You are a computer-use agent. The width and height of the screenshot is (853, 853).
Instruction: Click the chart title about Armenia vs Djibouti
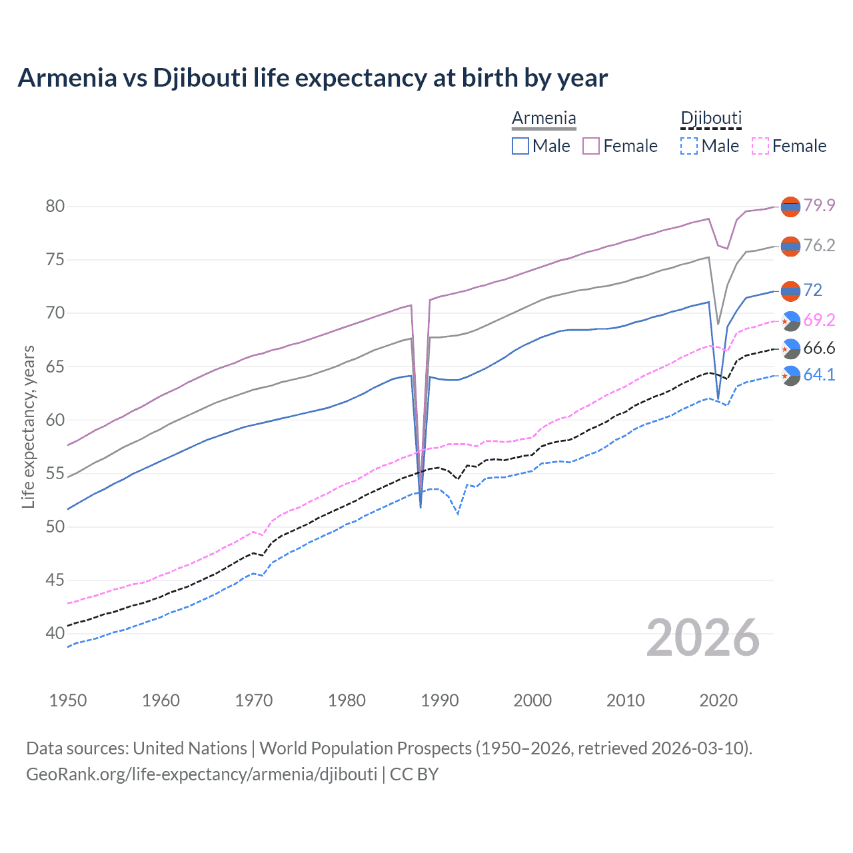(313, 78)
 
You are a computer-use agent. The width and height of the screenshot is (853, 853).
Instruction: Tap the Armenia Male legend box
(520, 146)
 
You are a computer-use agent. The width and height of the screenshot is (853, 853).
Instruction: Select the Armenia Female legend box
(591, 146)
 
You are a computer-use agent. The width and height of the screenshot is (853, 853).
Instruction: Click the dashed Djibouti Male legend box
(689, 146)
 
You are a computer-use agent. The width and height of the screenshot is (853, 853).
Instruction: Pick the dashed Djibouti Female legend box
(760, 146)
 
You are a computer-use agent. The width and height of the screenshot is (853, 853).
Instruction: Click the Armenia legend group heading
(544, 119)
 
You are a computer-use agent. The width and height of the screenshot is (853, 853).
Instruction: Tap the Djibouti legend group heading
(711, 119)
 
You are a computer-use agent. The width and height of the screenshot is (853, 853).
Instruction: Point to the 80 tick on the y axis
(55, 206)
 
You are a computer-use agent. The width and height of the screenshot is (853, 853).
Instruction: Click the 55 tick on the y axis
(55, 473)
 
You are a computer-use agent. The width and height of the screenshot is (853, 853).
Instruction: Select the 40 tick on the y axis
(55, 633)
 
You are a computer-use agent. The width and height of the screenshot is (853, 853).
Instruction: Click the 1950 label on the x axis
(68, 700)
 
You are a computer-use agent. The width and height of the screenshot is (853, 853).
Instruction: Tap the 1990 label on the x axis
(440, 700)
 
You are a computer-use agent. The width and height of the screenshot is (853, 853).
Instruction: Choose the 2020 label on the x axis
(718, 700)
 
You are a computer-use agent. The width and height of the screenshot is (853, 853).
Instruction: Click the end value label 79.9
(819, 205)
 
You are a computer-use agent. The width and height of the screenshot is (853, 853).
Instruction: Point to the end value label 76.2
(819, 246)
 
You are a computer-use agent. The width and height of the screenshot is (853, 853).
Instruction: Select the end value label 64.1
(819, 375)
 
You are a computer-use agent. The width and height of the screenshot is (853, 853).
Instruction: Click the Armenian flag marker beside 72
(790, 291)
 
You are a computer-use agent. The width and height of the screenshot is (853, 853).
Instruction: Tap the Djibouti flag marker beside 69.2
(790, 321)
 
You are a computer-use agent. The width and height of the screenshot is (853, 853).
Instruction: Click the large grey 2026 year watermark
(703, 638)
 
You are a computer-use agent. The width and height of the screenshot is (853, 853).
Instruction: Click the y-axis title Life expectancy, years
(28, 426)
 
